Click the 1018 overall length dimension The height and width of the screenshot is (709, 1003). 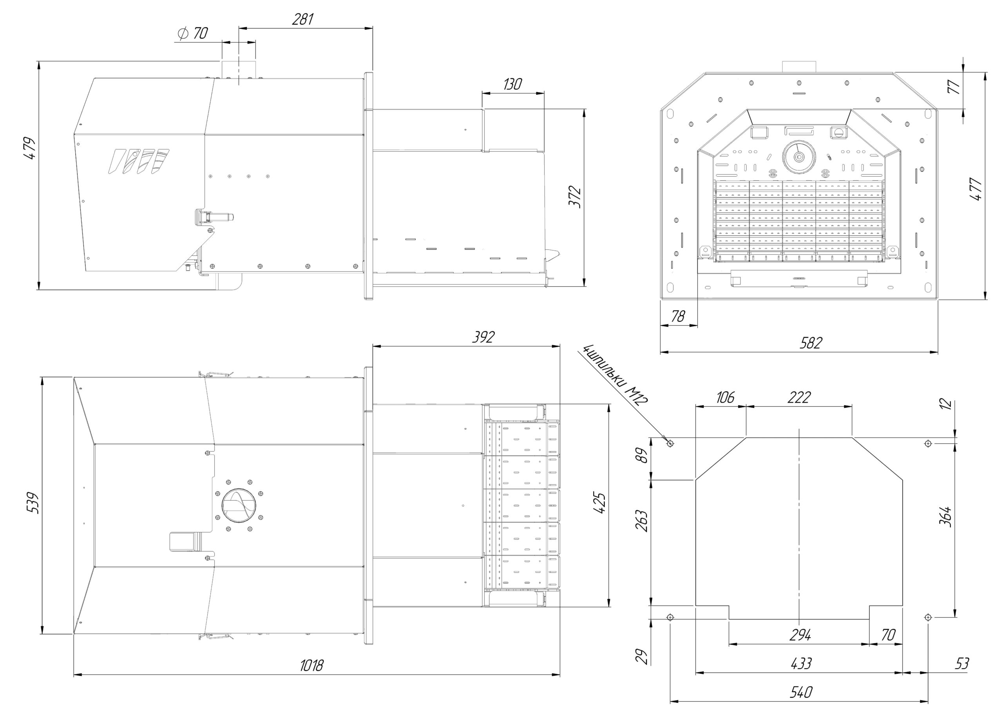pos(312,665)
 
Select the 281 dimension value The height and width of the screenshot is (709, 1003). pos(303,19)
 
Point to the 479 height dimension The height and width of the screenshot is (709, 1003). pos(29,148)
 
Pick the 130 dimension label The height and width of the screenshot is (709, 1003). pos(512,84)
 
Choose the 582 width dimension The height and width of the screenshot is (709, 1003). pos(811,343)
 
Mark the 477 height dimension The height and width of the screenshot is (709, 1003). pos(976,189)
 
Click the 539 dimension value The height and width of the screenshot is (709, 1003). pos(33,503)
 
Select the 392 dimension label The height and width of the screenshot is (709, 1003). pos(483,337)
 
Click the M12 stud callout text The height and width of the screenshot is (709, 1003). pos(616,375)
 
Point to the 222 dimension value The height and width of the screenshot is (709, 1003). pos(799,397)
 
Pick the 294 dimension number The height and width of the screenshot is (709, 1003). pos(800,635)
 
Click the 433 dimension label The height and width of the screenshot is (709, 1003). pos(801,664)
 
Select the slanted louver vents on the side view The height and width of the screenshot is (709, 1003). pos(139,162)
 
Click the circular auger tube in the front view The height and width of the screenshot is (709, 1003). pos(799,156)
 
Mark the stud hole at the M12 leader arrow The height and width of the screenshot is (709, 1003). pos(670,443)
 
